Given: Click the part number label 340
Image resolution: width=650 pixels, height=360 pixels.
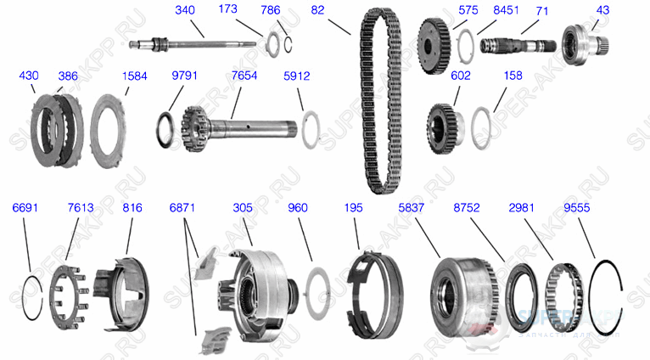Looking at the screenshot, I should [x=186, y=10].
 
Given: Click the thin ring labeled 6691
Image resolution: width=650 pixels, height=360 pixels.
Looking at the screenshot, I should [x=30, y=293].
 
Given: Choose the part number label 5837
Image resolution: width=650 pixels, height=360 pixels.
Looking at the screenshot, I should [x=414, y=207].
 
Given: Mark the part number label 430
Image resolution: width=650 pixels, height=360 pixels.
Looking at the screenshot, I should [x=29, y=76].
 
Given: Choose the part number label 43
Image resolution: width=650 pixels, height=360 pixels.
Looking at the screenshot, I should [x=602, y=10].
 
